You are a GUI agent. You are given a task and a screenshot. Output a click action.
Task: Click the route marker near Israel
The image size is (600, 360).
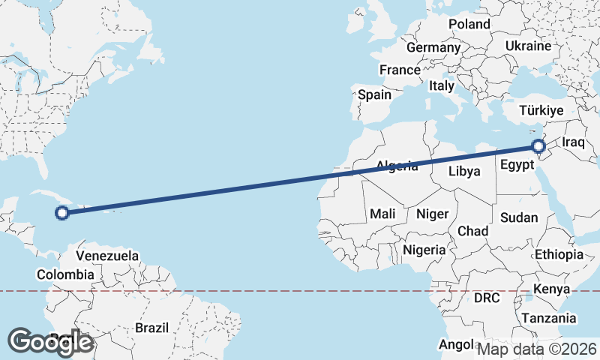538,146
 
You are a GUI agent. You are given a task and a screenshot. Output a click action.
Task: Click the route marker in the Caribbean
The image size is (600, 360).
63,213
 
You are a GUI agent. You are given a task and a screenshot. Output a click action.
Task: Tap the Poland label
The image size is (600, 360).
469,24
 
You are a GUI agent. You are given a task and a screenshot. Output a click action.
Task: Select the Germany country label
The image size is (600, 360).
433,47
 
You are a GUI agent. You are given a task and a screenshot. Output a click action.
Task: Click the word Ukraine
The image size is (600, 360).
529,46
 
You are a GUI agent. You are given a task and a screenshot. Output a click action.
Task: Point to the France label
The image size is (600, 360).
400,70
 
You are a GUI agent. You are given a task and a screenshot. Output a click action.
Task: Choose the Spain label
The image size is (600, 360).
374,94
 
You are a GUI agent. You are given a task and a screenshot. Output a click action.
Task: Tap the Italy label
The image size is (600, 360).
441,86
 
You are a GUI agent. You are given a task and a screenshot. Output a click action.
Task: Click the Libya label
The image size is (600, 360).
464,171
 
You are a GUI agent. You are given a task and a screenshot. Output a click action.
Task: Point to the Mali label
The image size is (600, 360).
382,214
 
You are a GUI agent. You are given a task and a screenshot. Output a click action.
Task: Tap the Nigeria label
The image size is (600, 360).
424,250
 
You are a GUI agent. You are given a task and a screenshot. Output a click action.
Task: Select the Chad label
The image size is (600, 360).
473,231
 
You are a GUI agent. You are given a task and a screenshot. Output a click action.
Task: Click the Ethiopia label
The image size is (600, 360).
559,255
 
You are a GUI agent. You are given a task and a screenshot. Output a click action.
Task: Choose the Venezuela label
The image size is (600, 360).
108,256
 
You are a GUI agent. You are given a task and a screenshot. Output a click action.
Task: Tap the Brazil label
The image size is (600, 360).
152,328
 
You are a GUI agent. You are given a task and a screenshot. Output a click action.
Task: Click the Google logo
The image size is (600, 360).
50,342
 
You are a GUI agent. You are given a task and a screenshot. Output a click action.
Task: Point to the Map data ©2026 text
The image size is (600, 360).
537,349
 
